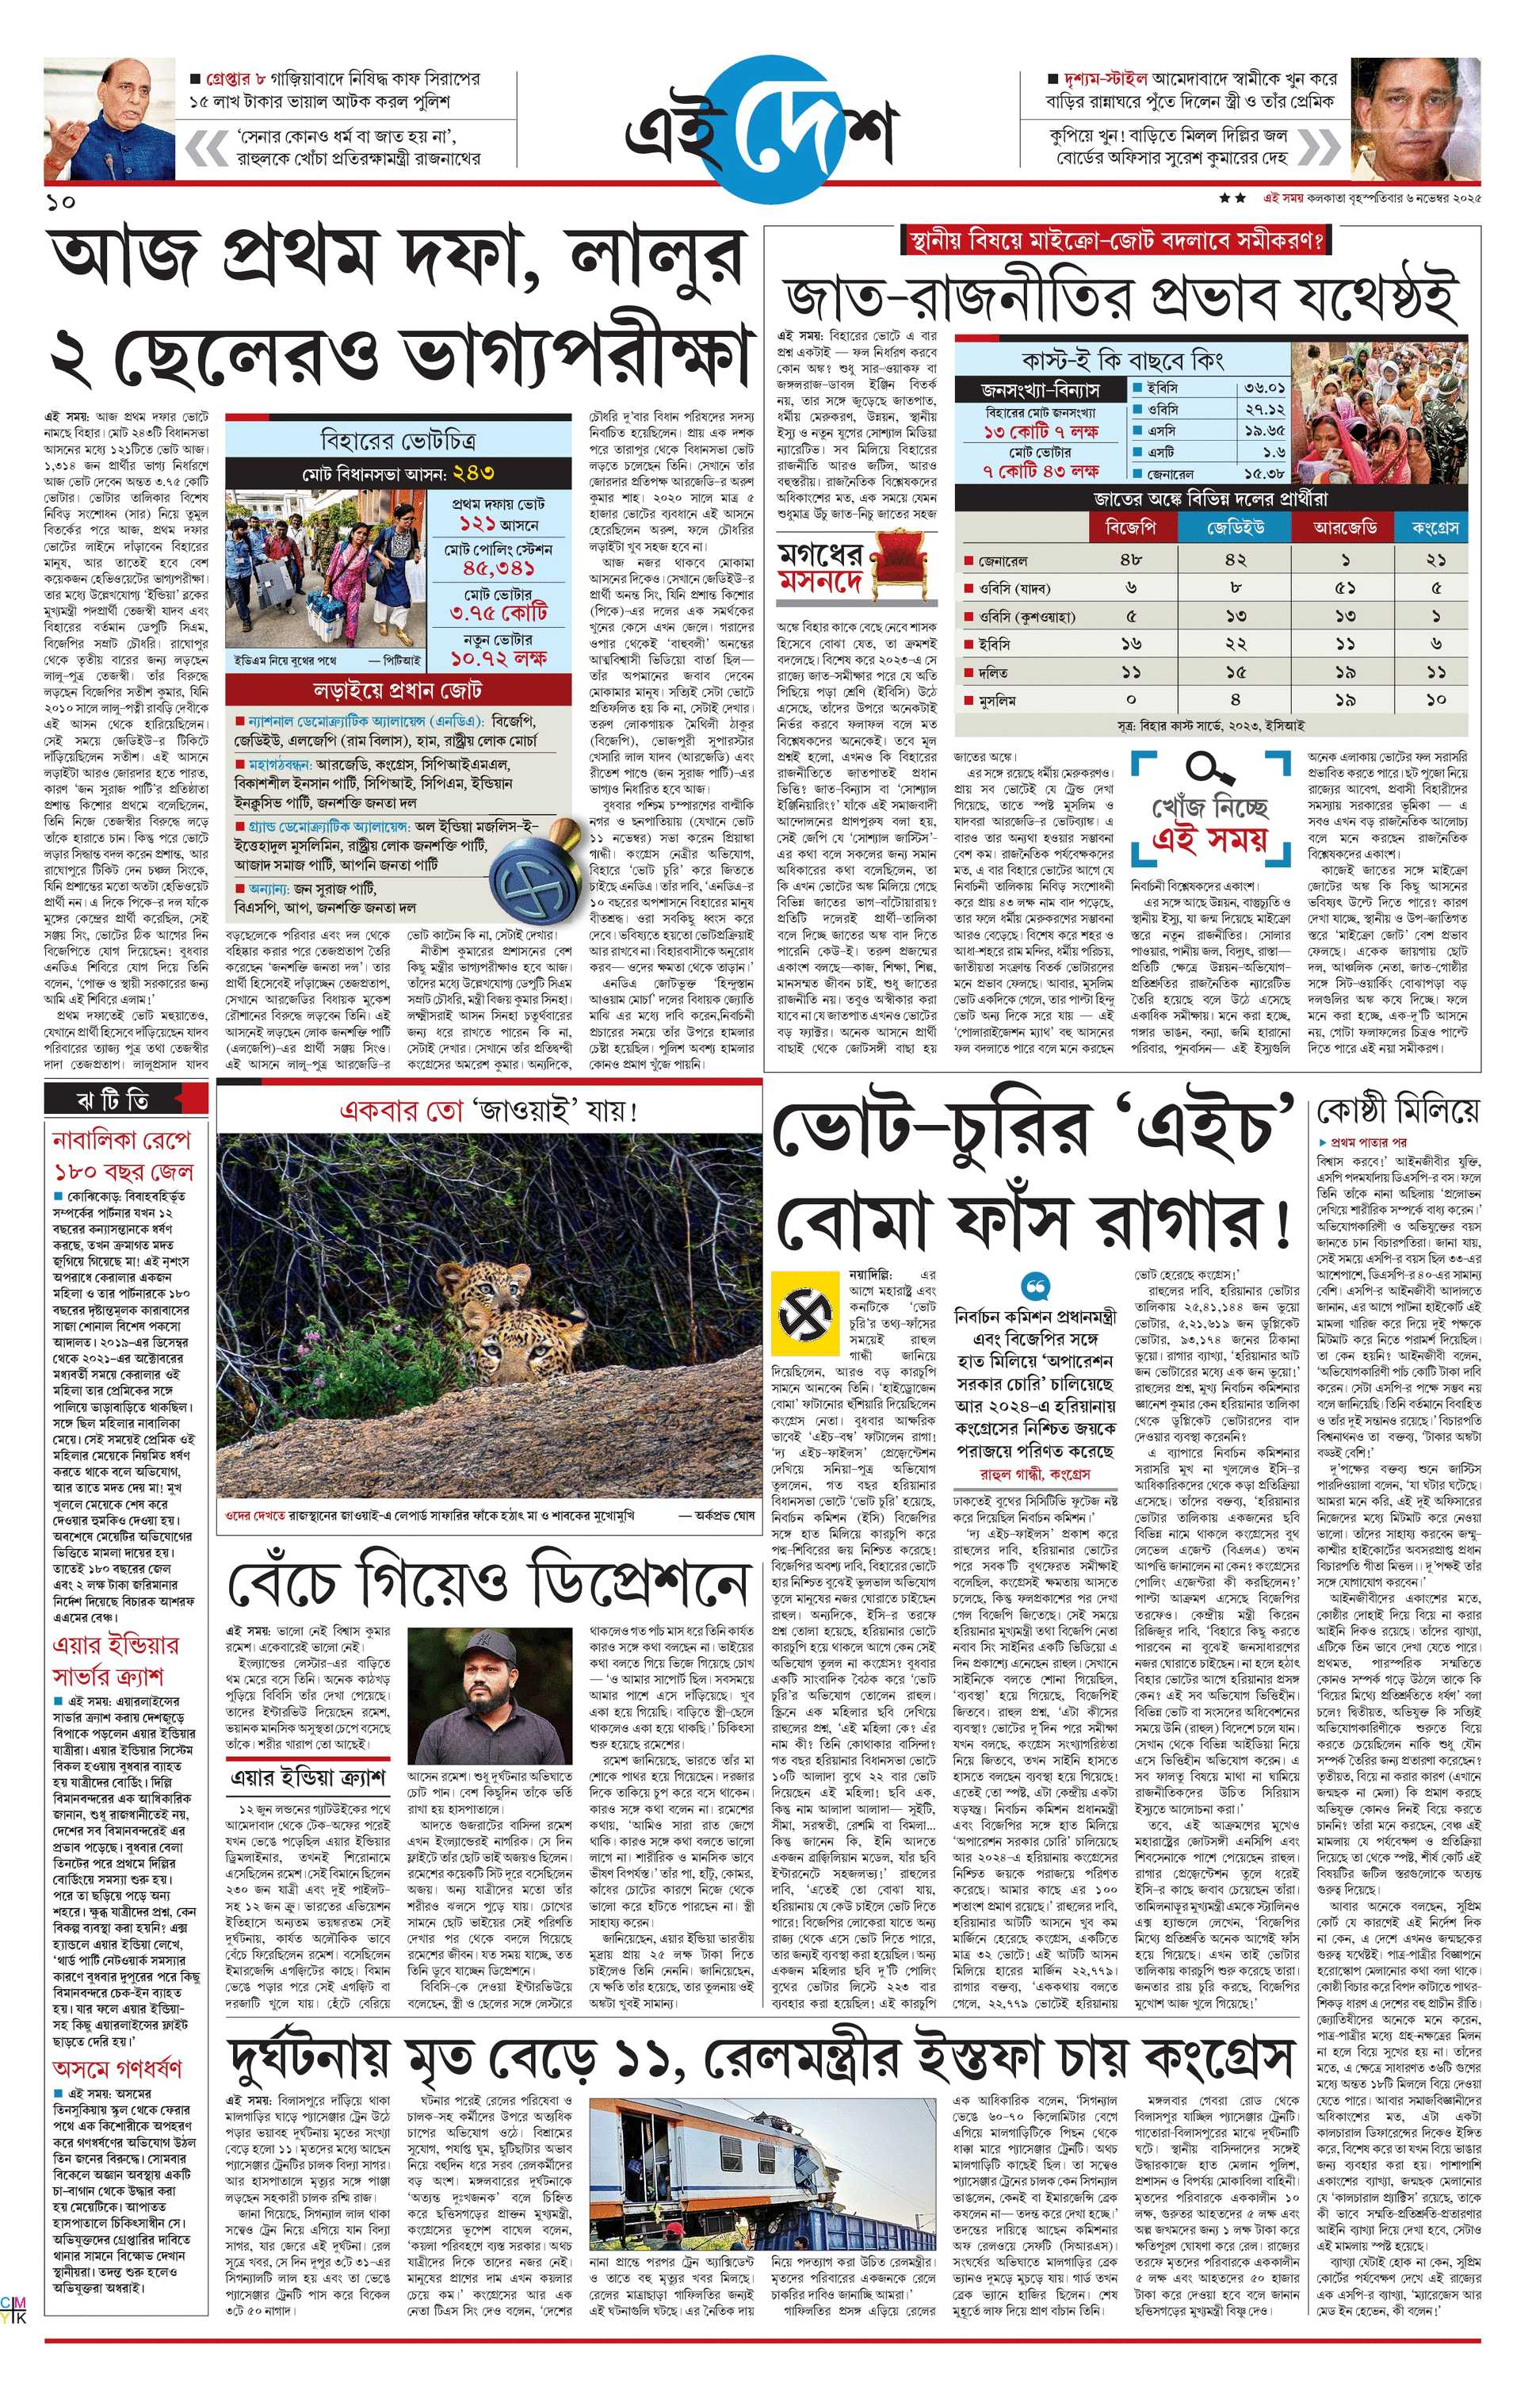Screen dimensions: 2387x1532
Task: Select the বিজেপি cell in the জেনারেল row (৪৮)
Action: coord(1131,560)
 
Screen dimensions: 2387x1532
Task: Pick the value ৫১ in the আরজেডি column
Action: coord(1345,588)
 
